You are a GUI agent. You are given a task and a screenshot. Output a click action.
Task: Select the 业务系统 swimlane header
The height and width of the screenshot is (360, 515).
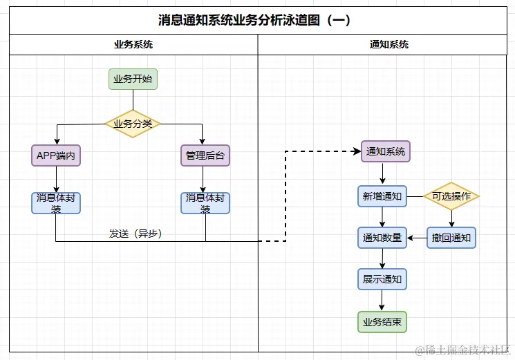(133, 44)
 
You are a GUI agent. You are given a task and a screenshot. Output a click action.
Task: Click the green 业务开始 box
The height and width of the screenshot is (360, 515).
(133, 79)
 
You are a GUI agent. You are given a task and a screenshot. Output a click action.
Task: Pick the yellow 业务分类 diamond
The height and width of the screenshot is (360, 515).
(133, 124)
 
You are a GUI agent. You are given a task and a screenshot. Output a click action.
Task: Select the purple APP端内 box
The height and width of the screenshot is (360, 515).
(56, 155)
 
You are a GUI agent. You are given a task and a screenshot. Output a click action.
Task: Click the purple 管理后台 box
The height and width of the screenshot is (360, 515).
(205, 155)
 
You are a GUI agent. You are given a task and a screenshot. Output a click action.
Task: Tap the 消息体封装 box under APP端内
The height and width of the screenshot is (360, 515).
(56, 202)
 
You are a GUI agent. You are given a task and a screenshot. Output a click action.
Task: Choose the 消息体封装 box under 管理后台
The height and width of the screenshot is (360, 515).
(205, 202)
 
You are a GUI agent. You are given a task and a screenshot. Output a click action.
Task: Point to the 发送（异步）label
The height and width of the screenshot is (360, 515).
(135, 234)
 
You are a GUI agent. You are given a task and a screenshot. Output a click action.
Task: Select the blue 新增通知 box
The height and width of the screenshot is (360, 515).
(382, 196)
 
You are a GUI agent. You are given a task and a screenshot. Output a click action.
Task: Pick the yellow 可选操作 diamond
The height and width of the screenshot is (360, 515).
(451, 196)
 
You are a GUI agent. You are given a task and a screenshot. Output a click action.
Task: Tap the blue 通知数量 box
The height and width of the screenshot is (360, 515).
(382, 238)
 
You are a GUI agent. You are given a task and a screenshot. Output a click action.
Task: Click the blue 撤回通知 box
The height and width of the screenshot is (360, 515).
(451, 238)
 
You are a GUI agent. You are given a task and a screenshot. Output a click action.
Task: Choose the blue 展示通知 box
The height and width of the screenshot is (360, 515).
(382, 279)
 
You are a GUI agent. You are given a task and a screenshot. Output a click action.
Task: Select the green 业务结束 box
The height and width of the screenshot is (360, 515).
(382, 322)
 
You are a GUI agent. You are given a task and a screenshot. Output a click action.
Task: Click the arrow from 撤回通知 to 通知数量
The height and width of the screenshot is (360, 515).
(417, 238)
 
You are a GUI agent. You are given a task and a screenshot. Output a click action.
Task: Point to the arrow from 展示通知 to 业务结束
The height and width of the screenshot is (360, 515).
(382, 301)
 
